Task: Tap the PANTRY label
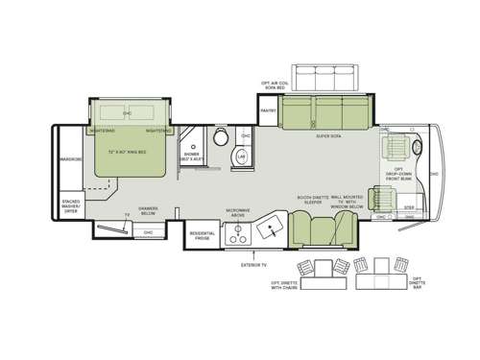[x=268, y=110]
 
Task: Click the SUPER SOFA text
[x=329, y=137]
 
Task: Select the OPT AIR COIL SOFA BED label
[x=278, y=84]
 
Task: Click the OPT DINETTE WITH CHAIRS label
[x=286, y=286]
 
